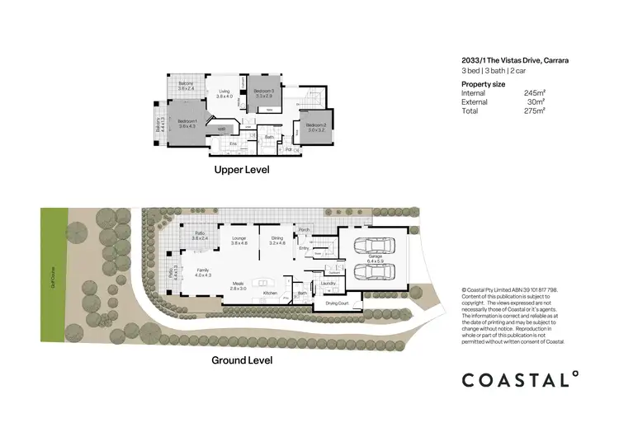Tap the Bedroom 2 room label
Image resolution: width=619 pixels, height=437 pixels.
[x=318, y=127]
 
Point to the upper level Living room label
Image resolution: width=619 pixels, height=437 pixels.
[x=224, y=94]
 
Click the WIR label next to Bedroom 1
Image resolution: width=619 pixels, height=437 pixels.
[x=221, y=129]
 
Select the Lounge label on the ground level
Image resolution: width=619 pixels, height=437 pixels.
[x=239, y=241]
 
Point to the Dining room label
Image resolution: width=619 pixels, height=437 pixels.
[x=276, y=241]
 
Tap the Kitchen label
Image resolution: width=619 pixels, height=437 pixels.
[x=269, y=293]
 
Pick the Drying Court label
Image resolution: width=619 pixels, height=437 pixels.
[x=337, y=303]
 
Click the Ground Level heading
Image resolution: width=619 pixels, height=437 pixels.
[x=242, y=360]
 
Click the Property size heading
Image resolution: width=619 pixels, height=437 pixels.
[x=483, y=84]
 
